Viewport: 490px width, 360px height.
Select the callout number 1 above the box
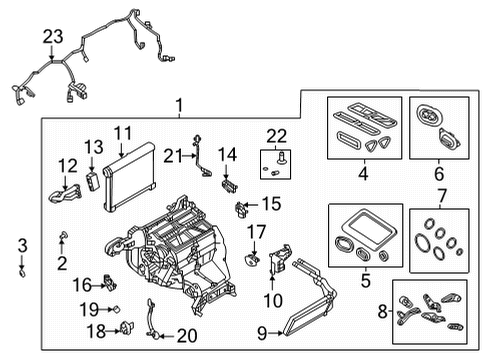pos(178,105)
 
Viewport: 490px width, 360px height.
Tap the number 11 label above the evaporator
pos(123,132)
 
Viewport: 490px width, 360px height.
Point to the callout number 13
pos(93,147)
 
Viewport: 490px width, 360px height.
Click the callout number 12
pos(66,165)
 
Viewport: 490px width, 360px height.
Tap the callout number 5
pos(363,282)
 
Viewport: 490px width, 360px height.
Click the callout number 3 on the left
pos(22,244)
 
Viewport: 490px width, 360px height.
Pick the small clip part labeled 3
pos(23,269)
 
